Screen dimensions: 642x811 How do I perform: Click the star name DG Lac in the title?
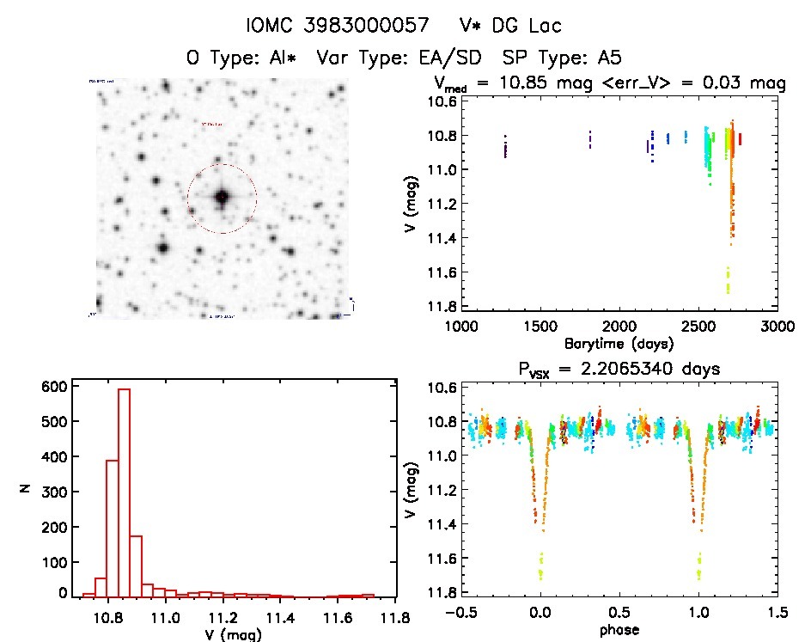point(537,26)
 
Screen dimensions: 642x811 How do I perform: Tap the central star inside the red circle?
point(222,197)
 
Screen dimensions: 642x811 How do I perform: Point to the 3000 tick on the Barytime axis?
point(777,326)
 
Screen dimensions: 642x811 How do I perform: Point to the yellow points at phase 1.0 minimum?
point(699,567)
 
